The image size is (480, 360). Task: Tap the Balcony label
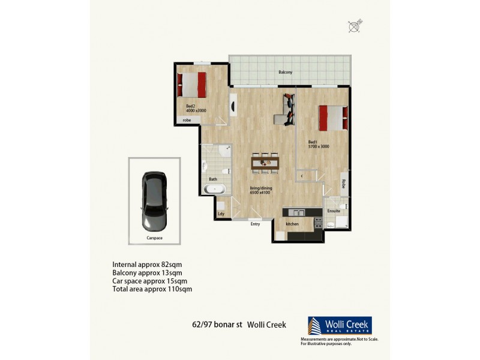pos(285,73)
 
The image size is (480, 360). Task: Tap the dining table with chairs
pos(265,162)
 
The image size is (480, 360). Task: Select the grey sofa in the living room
pos(286,109)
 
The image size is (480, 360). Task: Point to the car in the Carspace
pos(154,201)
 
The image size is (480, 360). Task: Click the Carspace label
pos(154,238)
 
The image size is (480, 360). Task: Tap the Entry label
pos(256,224)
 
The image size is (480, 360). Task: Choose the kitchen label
pos(292,224)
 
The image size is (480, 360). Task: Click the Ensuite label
pos(334,211)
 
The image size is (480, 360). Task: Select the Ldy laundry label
pos(221,214)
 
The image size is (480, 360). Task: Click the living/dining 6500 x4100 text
pos(261,191)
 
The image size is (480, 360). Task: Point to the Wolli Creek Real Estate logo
pos(339,326)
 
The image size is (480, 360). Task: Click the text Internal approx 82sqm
pos(146,265)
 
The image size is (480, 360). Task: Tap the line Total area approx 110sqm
pos(152,289)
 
